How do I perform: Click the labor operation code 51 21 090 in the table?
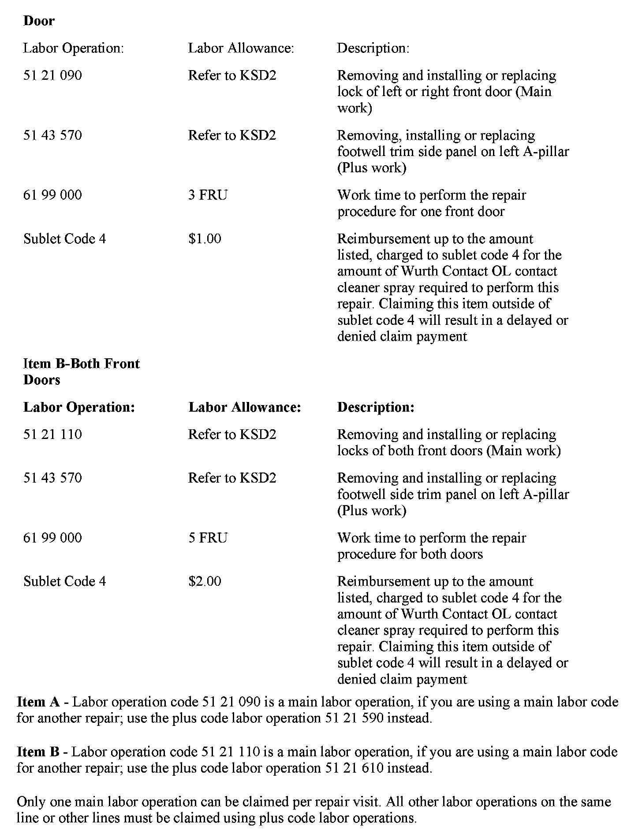click(x=52, y=75)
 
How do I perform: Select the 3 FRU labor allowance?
click(x=208, y=195)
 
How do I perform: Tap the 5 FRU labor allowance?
click(x=208, y=538)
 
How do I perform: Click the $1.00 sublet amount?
click(x=205, y=239)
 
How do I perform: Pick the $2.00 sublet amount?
click(x=205, y=581)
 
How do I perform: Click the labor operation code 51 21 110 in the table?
click(x=52, y=435)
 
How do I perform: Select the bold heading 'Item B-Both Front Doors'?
click(x=81, y=372)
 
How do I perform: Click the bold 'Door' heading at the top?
click(x=39, y=21)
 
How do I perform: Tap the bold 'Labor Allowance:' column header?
click(x=244, y=407)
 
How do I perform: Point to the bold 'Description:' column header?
click(x=376, y=407)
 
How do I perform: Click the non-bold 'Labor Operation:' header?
click(x=73, y=48)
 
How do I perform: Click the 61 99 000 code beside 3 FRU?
click(x=52, y=195)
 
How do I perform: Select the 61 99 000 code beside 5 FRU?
click(x=52, y=538)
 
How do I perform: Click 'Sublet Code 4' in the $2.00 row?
click(x=64, y=581)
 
